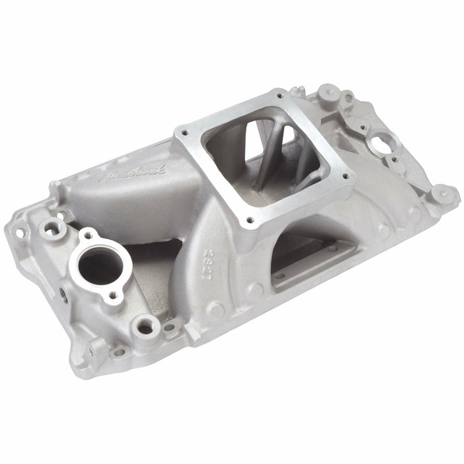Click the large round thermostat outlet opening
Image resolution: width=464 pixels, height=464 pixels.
click(x=99, y=267)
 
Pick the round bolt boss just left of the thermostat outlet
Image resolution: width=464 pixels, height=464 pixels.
click(x=53, y=228)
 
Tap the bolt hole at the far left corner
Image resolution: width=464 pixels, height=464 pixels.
click(x=20, y=233)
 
